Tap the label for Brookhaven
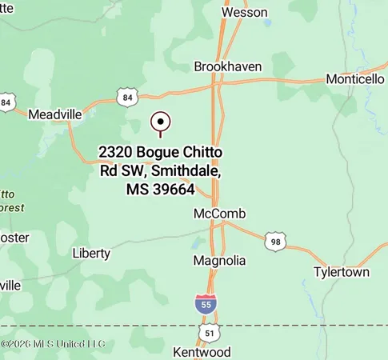tap(228, 66)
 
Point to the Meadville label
tap(55, 114)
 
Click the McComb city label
tap(219, 214)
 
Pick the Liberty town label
tap(91, 253)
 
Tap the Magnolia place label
tap(219, 261)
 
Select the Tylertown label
tap(342, 272)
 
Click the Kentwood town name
tap(202, 352)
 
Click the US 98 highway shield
tap(275, 241)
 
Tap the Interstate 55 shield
tap(205, 303)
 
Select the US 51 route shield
tap(209, 331)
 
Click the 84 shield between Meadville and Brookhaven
tap(126, 98)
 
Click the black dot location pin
tap(161, 122)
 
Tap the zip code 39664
tap(171, 190)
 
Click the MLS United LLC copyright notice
tap(53, 344)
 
